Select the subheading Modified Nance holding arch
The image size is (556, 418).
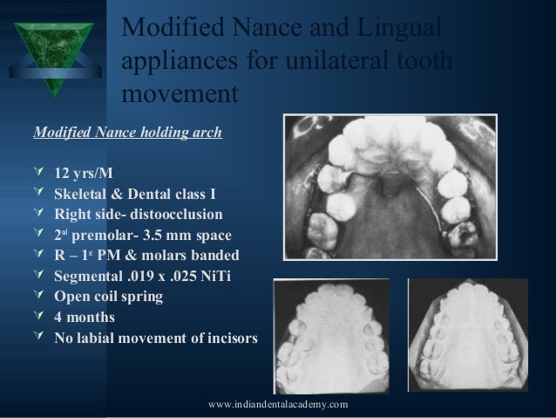(x=127, y=134)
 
